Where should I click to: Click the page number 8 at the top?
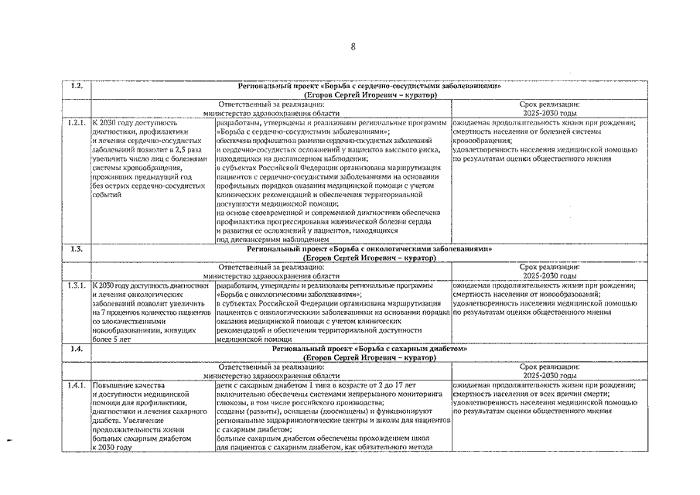[353, 46]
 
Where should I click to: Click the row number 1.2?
[77, 86]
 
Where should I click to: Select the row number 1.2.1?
[77, 123]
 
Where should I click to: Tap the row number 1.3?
[77, 249]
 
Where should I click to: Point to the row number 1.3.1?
[77, 286]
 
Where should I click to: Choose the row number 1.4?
[77, 349]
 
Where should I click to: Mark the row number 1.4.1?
[77, 385]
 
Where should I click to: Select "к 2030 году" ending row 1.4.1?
[111, 448]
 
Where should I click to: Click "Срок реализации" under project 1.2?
[550, 104]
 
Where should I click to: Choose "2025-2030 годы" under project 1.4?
[550, 375]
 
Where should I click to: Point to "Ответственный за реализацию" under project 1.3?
[271, 267]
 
